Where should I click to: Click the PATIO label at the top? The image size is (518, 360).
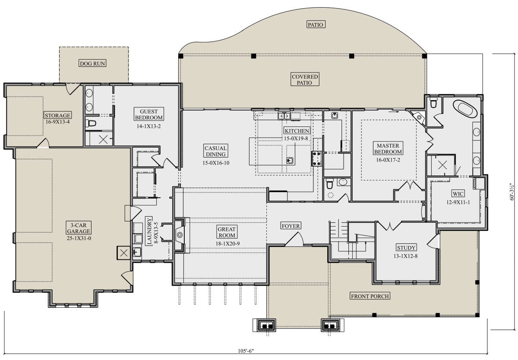click(x=316, y=25)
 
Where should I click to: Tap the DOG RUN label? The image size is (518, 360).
click(x=92, y=63)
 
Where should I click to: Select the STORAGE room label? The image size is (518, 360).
click(x=57, y=115)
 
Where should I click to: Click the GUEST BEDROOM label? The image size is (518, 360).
click(x=148, y=114)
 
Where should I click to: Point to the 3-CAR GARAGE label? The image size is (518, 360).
click(x=79, y=228)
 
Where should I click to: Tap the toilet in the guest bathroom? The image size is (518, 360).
click(x=91, y=123)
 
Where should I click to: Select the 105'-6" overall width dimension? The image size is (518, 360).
click(x=246, y=351)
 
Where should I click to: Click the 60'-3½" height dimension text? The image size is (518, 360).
click(x=512, y=192)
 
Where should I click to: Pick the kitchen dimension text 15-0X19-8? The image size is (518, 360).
click(x=296, y=139)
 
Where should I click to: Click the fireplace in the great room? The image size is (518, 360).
click(x=180, y=235)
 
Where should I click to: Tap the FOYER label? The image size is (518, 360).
click(x=291, y=226)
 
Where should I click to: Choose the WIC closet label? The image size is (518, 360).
click(x=458, y=193)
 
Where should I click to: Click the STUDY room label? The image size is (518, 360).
click(x=406, y=248)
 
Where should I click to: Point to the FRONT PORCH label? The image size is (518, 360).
click(x=370, y=296)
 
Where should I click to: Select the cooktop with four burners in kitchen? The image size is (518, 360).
click(x=316, y=158)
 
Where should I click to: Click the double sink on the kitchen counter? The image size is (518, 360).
click(x=284, y=116)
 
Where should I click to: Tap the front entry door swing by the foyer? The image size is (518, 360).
click(x=295, y=239)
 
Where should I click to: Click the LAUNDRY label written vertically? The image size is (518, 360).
click(x=149, y=231)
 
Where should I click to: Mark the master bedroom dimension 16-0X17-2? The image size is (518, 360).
click(x=388, y=160)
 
